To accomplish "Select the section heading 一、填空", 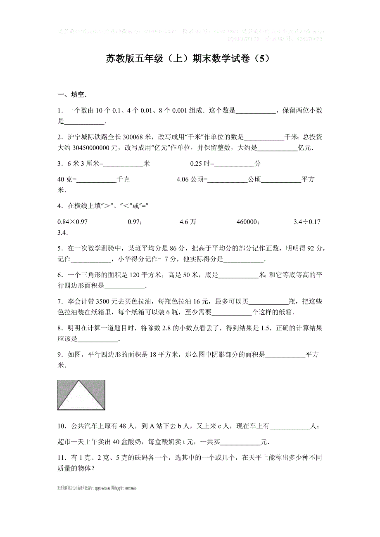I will pos(72,95).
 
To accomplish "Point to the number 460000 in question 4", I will pos(247,222).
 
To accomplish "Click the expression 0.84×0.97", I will pos(73,222).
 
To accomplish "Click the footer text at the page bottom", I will pos(97,488).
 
